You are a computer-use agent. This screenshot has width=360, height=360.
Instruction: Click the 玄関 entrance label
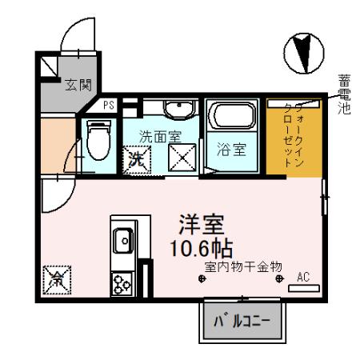tap(77, 83)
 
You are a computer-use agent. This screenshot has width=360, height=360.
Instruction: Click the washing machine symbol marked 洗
tap(134, 159)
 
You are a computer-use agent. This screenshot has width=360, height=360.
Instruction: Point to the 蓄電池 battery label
tap(344, 94)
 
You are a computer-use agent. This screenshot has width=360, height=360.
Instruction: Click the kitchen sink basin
tap(125, 238)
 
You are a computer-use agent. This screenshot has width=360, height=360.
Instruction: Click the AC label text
tap(302, 276)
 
